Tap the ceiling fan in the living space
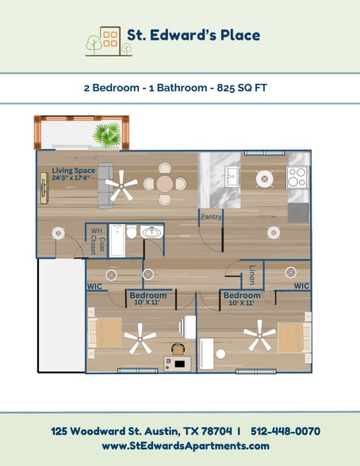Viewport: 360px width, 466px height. pyautogui.click(x=122, y=188)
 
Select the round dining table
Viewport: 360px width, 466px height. pyautogui.click(x=164, y=183)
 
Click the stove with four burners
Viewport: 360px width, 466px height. pyautogui.click(x=297, y=177)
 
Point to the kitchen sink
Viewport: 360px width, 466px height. pyautogui.click(x=232, y=175)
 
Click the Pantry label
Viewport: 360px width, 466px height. pyautogui.click(x=211, y=216)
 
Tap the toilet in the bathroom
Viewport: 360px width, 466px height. pyautogui.click(x=128, y=233)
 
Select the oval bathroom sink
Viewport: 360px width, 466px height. pyautogui.click(x=150, y=233)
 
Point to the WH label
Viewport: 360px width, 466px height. pyautogui.click(x=96, y=231)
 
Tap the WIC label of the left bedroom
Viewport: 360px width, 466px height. pyautogui.click(x=94, y=286)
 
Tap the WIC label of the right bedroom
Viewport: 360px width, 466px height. pyautogui.click(x=301, y=285)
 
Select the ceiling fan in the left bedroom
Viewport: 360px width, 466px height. pyautogui.click(x=140, y=339)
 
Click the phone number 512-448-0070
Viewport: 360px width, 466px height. pyautogui.click(x=285, y=431)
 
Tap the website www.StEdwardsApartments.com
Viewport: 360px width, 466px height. pyautogui.click(x=186, y=446)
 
